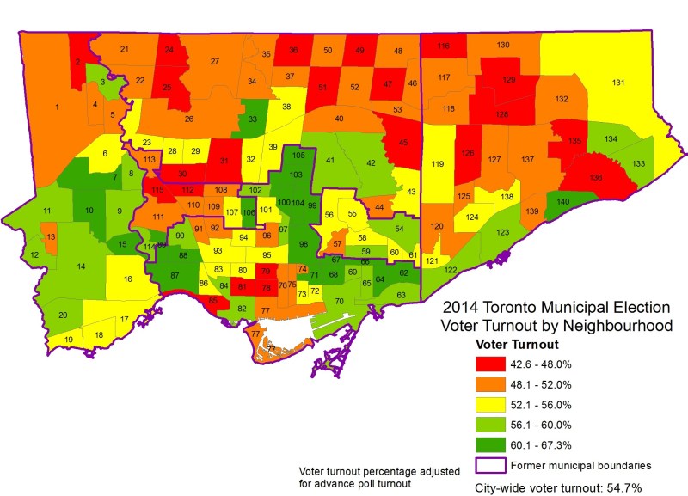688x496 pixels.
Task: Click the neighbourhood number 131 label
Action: tap(617, 83)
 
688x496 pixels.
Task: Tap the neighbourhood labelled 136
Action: tap(595, 177)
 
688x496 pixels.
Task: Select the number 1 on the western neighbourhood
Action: tap(57, 107)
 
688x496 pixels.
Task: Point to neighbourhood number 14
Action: tap(81, 266)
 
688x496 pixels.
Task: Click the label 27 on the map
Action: tap(215, 61)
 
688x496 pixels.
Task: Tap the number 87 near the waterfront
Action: tap(175, 275)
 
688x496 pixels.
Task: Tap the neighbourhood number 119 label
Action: tap(438, 164)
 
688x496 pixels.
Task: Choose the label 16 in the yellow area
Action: tap(127, 279)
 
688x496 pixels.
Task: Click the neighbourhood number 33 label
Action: tap(252, 119)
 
